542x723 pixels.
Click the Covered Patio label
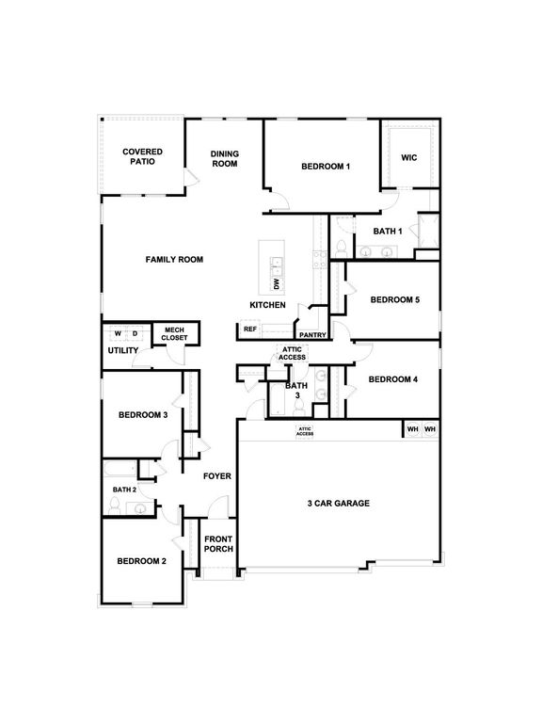click(143, 156)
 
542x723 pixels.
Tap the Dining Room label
click(224, 159)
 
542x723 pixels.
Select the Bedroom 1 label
click(326, 167)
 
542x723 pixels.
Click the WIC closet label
click(408, 157)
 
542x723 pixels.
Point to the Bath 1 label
click(388, 231)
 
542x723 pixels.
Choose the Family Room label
click(174, 259)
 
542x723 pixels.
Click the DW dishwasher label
click(277, 283)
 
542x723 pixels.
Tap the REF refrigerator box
click(250, 329)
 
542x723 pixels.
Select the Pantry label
click(311, 335)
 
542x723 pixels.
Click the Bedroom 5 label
click(394, 300)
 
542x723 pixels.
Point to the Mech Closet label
click(174, 333)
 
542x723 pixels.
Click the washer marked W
click(119, 333)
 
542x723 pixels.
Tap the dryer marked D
click(135, 333)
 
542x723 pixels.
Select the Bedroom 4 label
click(392, 379)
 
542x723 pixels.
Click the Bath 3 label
click(296, 391)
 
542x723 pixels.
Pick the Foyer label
click(217, 476)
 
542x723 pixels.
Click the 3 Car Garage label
click(338, 504)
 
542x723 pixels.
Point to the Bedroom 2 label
click(142, 561)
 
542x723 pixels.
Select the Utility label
click(123, 351)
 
